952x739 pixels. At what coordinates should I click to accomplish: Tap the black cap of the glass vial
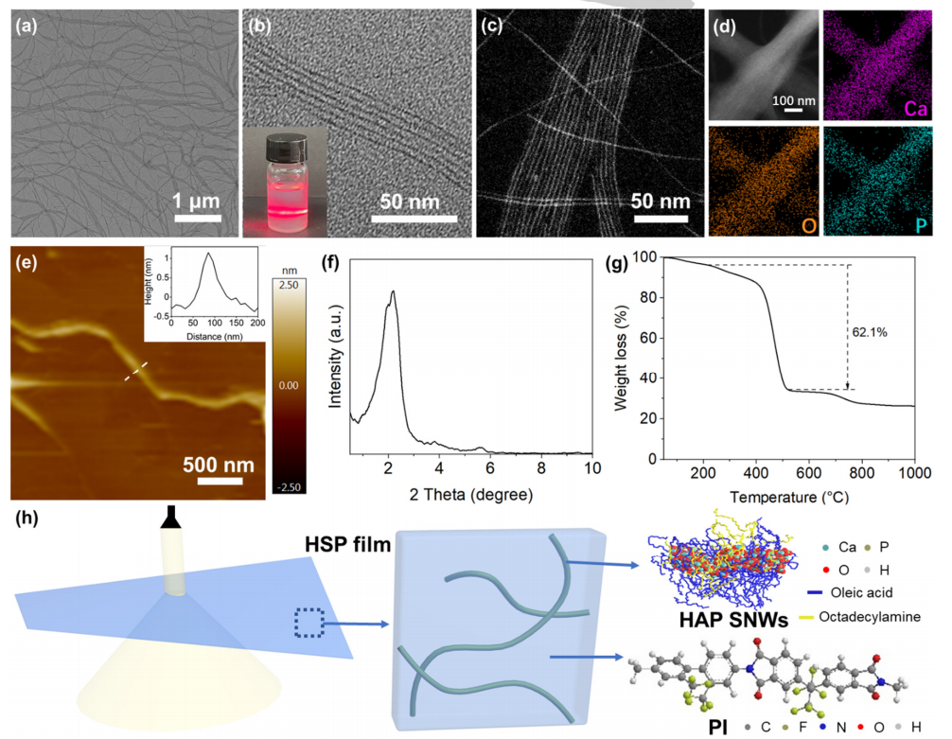[x=286, y=147]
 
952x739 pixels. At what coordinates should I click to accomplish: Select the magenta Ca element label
[x=915, y=108]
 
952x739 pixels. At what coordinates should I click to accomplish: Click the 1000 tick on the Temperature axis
[x=913, y=473]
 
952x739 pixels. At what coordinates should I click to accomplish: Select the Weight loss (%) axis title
[x=622, y=358]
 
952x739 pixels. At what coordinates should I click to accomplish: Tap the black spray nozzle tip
[x=172, y=517]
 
